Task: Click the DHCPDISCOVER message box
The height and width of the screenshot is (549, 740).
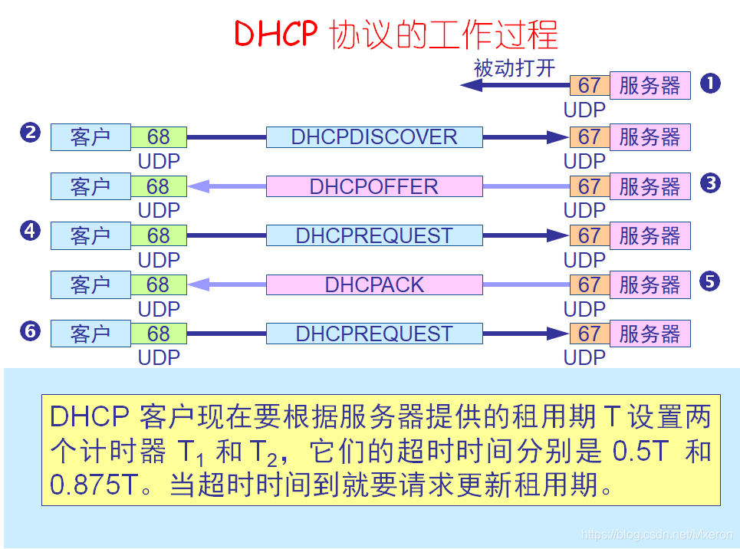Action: click(x=374, y=137)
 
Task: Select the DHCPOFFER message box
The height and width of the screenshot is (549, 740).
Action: click(x=374, y=186)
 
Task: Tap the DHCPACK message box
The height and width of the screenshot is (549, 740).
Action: click(x=374, y=284)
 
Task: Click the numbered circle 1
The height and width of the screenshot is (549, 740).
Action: click(x=710, y=84)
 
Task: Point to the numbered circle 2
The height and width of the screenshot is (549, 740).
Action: click(x=30, y=133)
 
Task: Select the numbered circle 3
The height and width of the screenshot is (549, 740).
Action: click(x=710, y=183)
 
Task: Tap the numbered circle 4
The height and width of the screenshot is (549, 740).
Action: click(x=30, y=231)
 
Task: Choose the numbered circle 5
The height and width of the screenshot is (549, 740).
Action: click(x=710, y=281)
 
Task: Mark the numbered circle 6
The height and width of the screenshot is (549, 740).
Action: click(x=30, y=330)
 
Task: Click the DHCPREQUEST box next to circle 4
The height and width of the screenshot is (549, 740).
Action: click(x=374, y=235)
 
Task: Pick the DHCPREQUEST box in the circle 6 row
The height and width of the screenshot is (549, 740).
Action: click(x=374, y=334)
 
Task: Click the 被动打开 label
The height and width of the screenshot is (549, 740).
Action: click(x=514, y=68)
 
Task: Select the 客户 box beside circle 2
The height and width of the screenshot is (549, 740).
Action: click(x=90, y=137)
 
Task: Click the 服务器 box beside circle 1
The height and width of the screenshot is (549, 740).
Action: click(x=650, y=86)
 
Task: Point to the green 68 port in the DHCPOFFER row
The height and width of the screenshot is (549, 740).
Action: click(x=158, y=186)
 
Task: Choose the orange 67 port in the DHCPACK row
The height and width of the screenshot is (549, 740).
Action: click(x=589, y=284)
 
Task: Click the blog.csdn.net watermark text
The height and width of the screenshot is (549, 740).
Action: click(x=657, y=534)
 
